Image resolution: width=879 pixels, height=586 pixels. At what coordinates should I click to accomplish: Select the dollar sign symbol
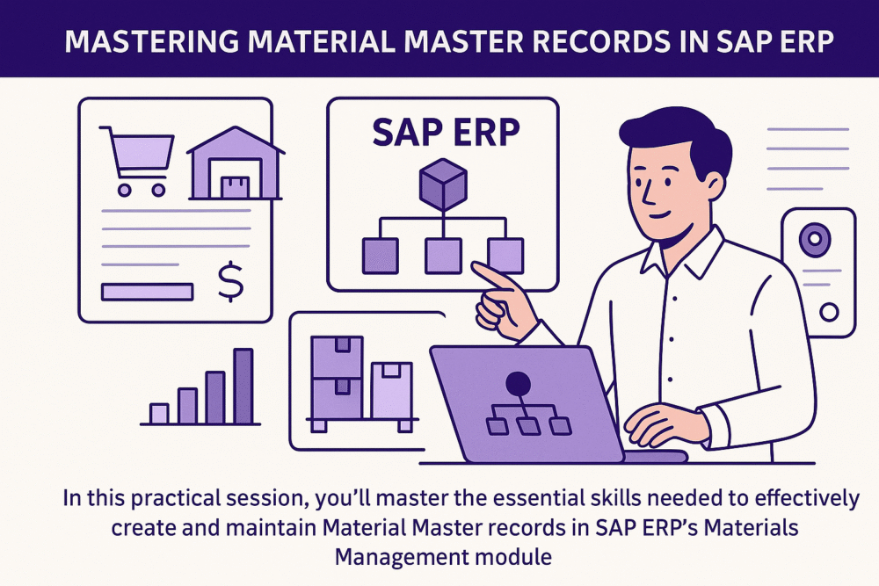tap(231, 283)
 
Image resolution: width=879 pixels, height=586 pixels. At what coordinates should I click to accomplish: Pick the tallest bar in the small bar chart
tap(243, 387)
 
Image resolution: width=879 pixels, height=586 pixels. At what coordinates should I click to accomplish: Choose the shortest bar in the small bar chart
tap(159, 413)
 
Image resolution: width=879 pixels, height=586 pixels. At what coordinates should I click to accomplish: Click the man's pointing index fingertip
tap(476, 268)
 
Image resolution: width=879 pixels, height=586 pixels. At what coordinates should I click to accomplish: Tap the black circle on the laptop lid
tap(518, 383)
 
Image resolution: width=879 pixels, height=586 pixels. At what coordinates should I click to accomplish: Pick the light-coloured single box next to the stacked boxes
tap(390, 391)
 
